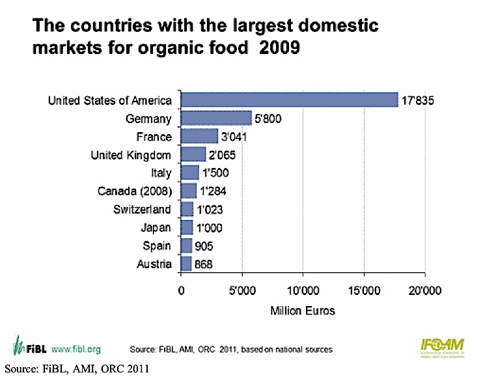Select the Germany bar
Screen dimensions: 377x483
coord(216,118)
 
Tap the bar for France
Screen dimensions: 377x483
coord(199,136)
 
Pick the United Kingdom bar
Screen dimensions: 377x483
coord(193,154)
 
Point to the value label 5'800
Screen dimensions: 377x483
coord(268,119)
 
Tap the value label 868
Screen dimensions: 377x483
coord(203,264)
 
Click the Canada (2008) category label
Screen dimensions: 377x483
coord(134,191)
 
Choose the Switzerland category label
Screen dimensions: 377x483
coord(141,210)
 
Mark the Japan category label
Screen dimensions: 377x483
coord(156,228)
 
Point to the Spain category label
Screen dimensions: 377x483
coord(158,246)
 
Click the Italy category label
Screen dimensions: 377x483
coord(161,173)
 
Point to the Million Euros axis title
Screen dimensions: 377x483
coord(303,311)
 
